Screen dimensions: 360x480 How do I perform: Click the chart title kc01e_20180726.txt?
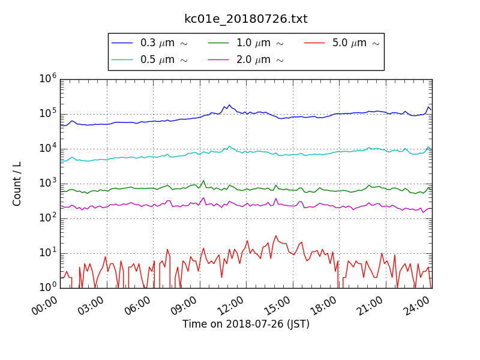pyautogui.click(x=246, y=19)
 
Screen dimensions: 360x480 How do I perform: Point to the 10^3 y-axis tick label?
pyautogui.click(x=49, y=184)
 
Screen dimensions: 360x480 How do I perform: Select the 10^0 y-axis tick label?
pyautogui.click(x=49, y=288)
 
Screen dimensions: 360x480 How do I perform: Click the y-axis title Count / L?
pyautogui.click(x=17, y=184)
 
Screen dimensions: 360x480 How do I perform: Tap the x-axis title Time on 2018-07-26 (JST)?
pyautogui.click(x=246, y=324)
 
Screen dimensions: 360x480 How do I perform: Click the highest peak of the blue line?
pyautogui.click(x=229, y=105)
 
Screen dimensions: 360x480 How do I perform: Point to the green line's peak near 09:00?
pyautogui.click(x=203, y=180)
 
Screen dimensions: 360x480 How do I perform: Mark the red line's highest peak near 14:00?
pyautogui.click(x=276, y=236)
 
